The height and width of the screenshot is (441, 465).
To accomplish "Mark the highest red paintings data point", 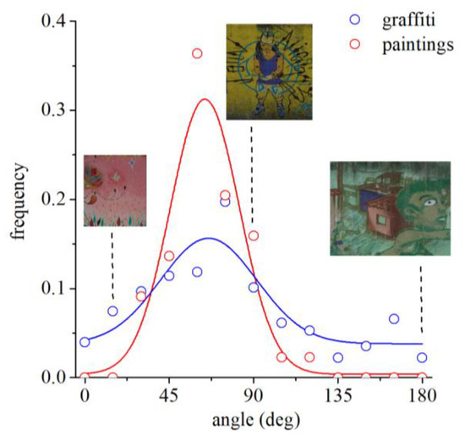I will coord(197,53).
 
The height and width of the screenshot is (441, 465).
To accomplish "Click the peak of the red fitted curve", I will coord(204,99).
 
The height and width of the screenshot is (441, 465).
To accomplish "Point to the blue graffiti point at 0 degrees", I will coord(85,342).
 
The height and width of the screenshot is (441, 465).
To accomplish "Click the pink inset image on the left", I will coord(115,190).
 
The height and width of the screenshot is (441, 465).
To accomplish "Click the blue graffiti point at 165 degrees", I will coord(394,318).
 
